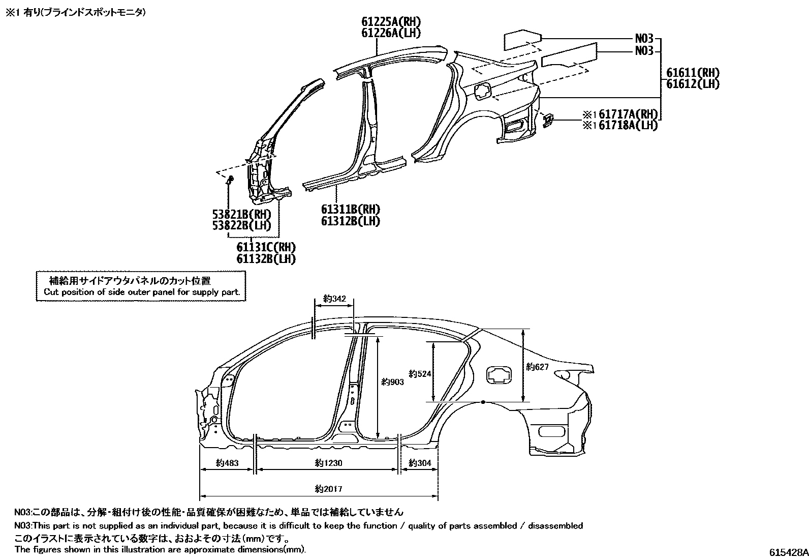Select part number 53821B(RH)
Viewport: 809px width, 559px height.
pyautogui.click(x=241, y=214)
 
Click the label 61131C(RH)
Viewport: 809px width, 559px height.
pyautogui.click(x=266, y=247)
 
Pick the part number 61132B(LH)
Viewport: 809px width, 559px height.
pyautogui.click(x=266, y=258)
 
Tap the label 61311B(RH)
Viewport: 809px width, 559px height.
pyautogui.click(x=350, y=209)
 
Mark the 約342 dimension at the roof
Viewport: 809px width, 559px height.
pyautogui.click(x=334, y=299)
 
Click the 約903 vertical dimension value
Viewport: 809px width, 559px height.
pyautogui.click(x=392, y=382)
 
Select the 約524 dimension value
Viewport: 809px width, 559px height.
pyautogui.click(x=420, y=374)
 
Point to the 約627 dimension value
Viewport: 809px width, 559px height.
pyautogui.click(x=537, y=366)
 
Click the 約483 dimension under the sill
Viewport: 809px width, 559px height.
pyautogui.click(x=227, y=463)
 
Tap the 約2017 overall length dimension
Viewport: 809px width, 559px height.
pyautogui.click(x=328, y=489)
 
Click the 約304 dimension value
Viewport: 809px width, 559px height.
pyautogui.click(x=420, y=463)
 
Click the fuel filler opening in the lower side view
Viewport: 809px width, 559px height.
pyautogui.click(x=500, y=375)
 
